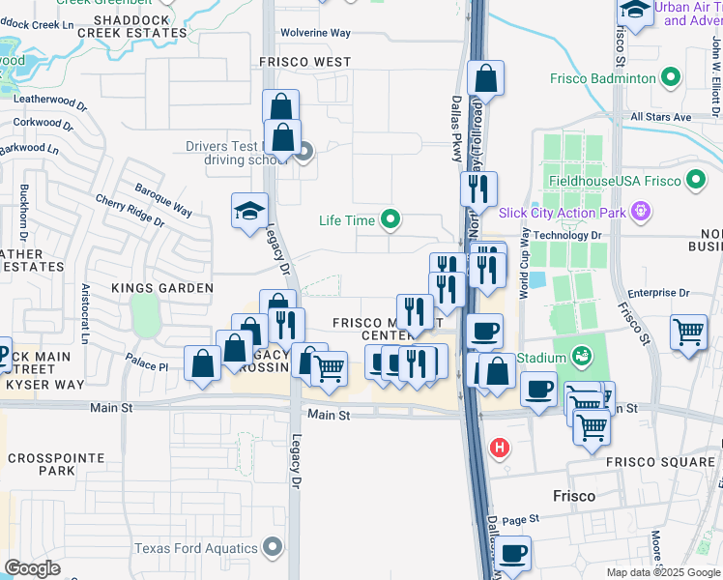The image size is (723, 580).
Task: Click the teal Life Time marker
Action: [x=390, y=220]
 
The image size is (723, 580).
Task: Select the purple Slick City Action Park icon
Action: [x=639, y=211]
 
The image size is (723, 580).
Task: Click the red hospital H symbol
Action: [x=500, y=448]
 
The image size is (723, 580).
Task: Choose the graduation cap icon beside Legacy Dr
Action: [x=248, y=211]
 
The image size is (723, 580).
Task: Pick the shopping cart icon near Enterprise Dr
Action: [x=689, y=332]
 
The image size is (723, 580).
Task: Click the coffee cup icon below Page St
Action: [x=514, y=554]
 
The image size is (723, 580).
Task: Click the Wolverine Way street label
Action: [x=315, y=33]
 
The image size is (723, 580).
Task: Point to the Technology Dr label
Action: [x=568, y=235]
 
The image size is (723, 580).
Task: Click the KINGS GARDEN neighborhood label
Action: [x=161, y=288]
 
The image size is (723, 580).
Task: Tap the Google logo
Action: [x=33, y=568]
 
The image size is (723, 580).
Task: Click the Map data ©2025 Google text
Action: [x=663, y=572]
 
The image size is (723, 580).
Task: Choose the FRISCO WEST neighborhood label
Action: [x=305, y=62]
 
